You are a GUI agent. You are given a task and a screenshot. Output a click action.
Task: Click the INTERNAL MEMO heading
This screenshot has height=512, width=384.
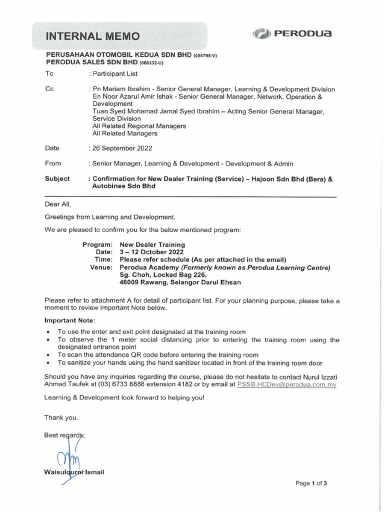click(93, 36)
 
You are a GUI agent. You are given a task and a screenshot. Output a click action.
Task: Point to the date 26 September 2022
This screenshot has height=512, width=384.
click(122, 148)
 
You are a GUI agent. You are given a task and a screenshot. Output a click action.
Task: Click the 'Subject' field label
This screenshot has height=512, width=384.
click(57, 178)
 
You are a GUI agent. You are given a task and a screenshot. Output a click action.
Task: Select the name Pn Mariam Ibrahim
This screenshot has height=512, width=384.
click(118, 89)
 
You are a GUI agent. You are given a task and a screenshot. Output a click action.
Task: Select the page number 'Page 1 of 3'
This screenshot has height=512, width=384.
click(311, 483)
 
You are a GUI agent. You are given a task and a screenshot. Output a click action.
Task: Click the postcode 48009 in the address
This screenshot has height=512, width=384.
click(130, 282)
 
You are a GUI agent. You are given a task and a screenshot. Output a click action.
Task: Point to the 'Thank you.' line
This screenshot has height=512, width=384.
click(61, 417)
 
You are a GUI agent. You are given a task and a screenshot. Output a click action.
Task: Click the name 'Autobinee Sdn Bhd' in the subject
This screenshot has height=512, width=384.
click(124, 186)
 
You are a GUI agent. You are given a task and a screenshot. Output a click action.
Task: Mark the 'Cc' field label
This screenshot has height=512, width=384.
click(49, 89)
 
